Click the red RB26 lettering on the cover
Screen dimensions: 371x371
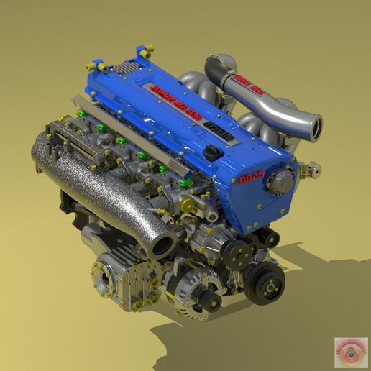pos(252,177)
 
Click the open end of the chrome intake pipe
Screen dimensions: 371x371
pos(313,127)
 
